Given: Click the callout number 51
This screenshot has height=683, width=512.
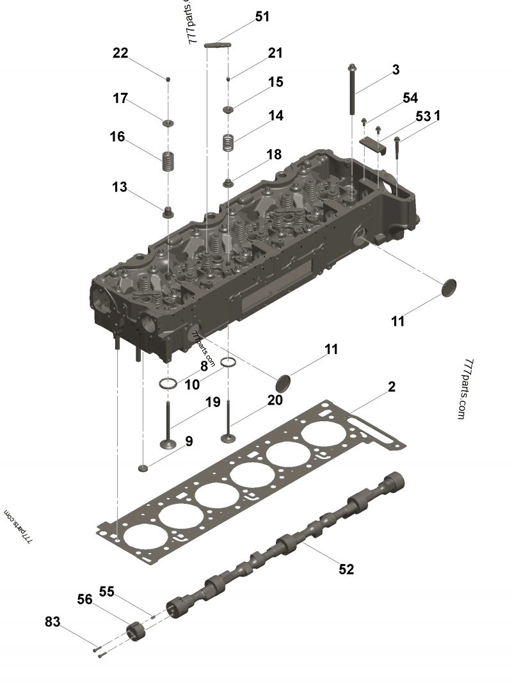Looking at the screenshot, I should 262,17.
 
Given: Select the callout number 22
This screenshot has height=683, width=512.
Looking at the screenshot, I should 120,54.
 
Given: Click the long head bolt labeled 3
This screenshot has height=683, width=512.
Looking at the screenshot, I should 353,90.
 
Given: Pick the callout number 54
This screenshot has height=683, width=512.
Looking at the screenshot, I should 410,98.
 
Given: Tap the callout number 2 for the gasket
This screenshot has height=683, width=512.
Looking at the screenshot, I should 391,387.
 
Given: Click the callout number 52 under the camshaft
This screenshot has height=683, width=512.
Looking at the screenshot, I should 346,569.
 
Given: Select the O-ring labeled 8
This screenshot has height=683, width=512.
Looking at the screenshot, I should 168,384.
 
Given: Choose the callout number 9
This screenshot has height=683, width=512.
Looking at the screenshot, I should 189,441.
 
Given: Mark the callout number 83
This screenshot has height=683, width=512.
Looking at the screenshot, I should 53,622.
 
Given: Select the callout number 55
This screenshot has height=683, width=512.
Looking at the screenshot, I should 106,592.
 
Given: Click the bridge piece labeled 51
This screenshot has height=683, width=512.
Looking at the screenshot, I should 218,45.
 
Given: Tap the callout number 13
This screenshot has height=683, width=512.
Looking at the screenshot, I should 120,188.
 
